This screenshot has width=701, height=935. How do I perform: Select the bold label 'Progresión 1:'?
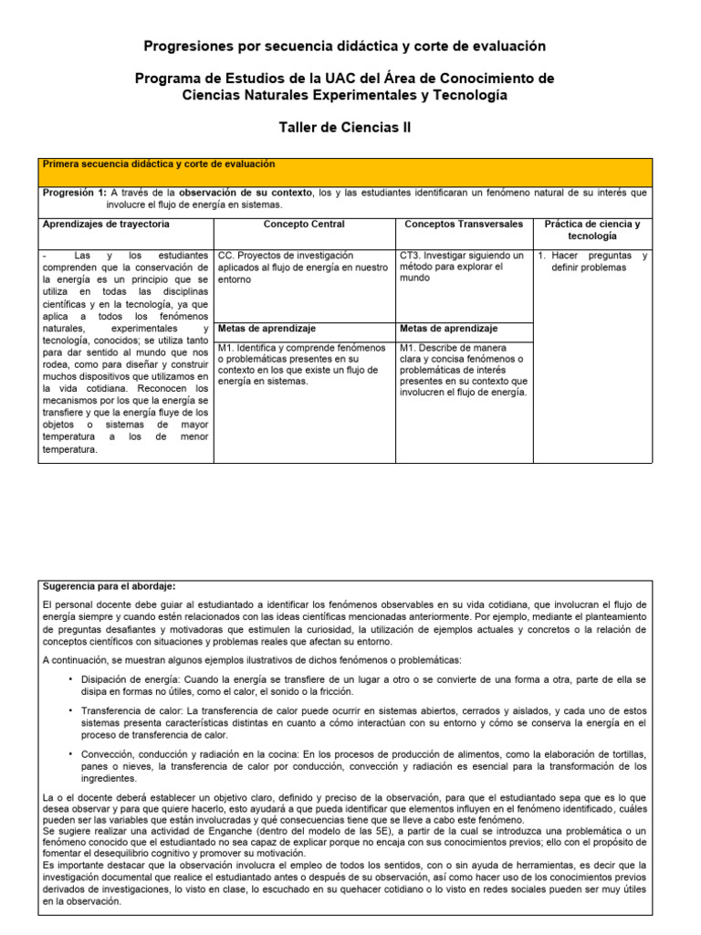click(75, 194)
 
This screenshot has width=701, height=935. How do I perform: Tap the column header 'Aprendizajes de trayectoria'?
click(106, 225)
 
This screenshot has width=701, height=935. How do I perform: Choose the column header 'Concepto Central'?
click(304, 225)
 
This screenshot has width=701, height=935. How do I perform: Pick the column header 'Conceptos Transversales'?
click(464, 225)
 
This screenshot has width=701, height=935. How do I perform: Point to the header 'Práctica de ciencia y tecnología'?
click(591, 230)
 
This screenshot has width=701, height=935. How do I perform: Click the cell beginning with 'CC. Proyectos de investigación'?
click(302, 268)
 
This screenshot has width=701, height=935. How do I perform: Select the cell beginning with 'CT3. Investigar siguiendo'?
click(462, 267)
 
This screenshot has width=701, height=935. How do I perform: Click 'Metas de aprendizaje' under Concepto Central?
click(267, 329)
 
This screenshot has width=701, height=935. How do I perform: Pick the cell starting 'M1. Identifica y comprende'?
click(302, 365)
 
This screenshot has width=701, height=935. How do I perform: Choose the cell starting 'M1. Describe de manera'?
click(463, 371)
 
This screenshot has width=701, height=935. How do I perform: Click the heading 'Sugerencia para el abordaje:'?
click(109, 585)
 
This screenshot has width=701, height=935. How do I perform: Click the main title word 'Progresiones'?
click(188, 46)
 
